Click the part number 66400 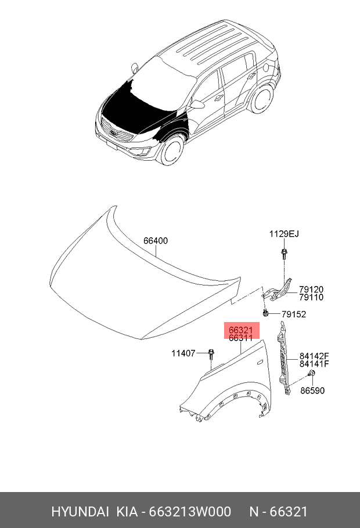point(156,241)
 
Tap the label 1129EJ point(284,234)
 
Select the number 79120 point(311,290)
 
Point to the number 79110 point(311,297)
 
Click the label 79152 point(294,314)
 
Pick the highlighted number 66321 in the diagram point(240,330)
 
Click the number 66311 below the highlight point(240,338)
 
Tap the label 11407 point(183,353)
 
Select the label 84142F point(314,356)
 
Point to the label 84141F point(314,364)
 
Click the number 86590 point(312,390)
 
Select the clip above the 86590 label point(311,373)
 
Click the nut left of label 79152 point(265,313)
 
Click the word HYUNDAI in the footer point(80,512)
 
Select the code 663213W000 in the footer point(190,512)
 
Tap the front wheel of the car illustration point(172,150)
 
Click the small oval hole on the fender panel point(260,363)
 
